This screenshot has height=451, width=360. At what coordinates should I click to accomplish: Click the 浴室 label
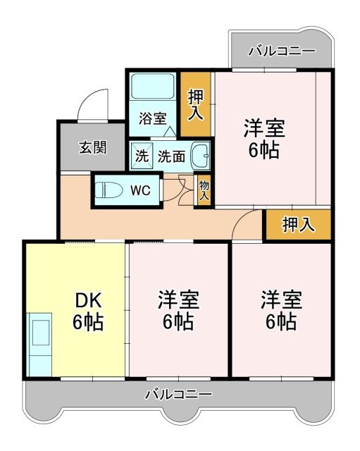coord(152,118)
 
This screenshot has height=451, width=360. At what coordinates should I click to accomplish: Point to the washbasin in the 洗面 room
coord(201,155)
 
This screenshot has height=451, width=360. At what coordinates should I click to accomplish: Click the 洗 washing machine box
coord(142,156)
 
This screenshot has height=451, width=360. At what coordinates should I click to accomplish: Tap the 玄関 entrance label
coord(92,147)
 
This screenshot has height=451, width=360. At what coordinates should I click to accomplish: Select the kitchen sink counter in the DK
coord(39,344)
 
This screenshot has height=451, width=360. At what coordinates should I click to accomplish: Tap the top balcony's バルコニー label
coord(282,51)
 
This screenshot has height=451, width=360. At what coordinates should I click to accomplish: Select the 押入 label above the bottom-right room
coord(297,225)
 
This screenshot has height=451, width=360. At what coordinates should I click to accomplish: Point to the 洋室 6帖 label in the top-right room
coord(265,139)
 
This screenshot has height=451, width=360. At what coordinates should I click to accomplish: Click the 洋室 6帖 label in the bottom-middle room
coord(178,310)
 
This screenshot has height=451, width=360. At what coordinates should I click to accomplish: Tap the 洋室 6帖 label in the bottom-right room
coord(281,310)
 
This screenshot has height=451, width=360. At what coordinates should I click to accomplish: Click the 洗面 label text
coord(171,156)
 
